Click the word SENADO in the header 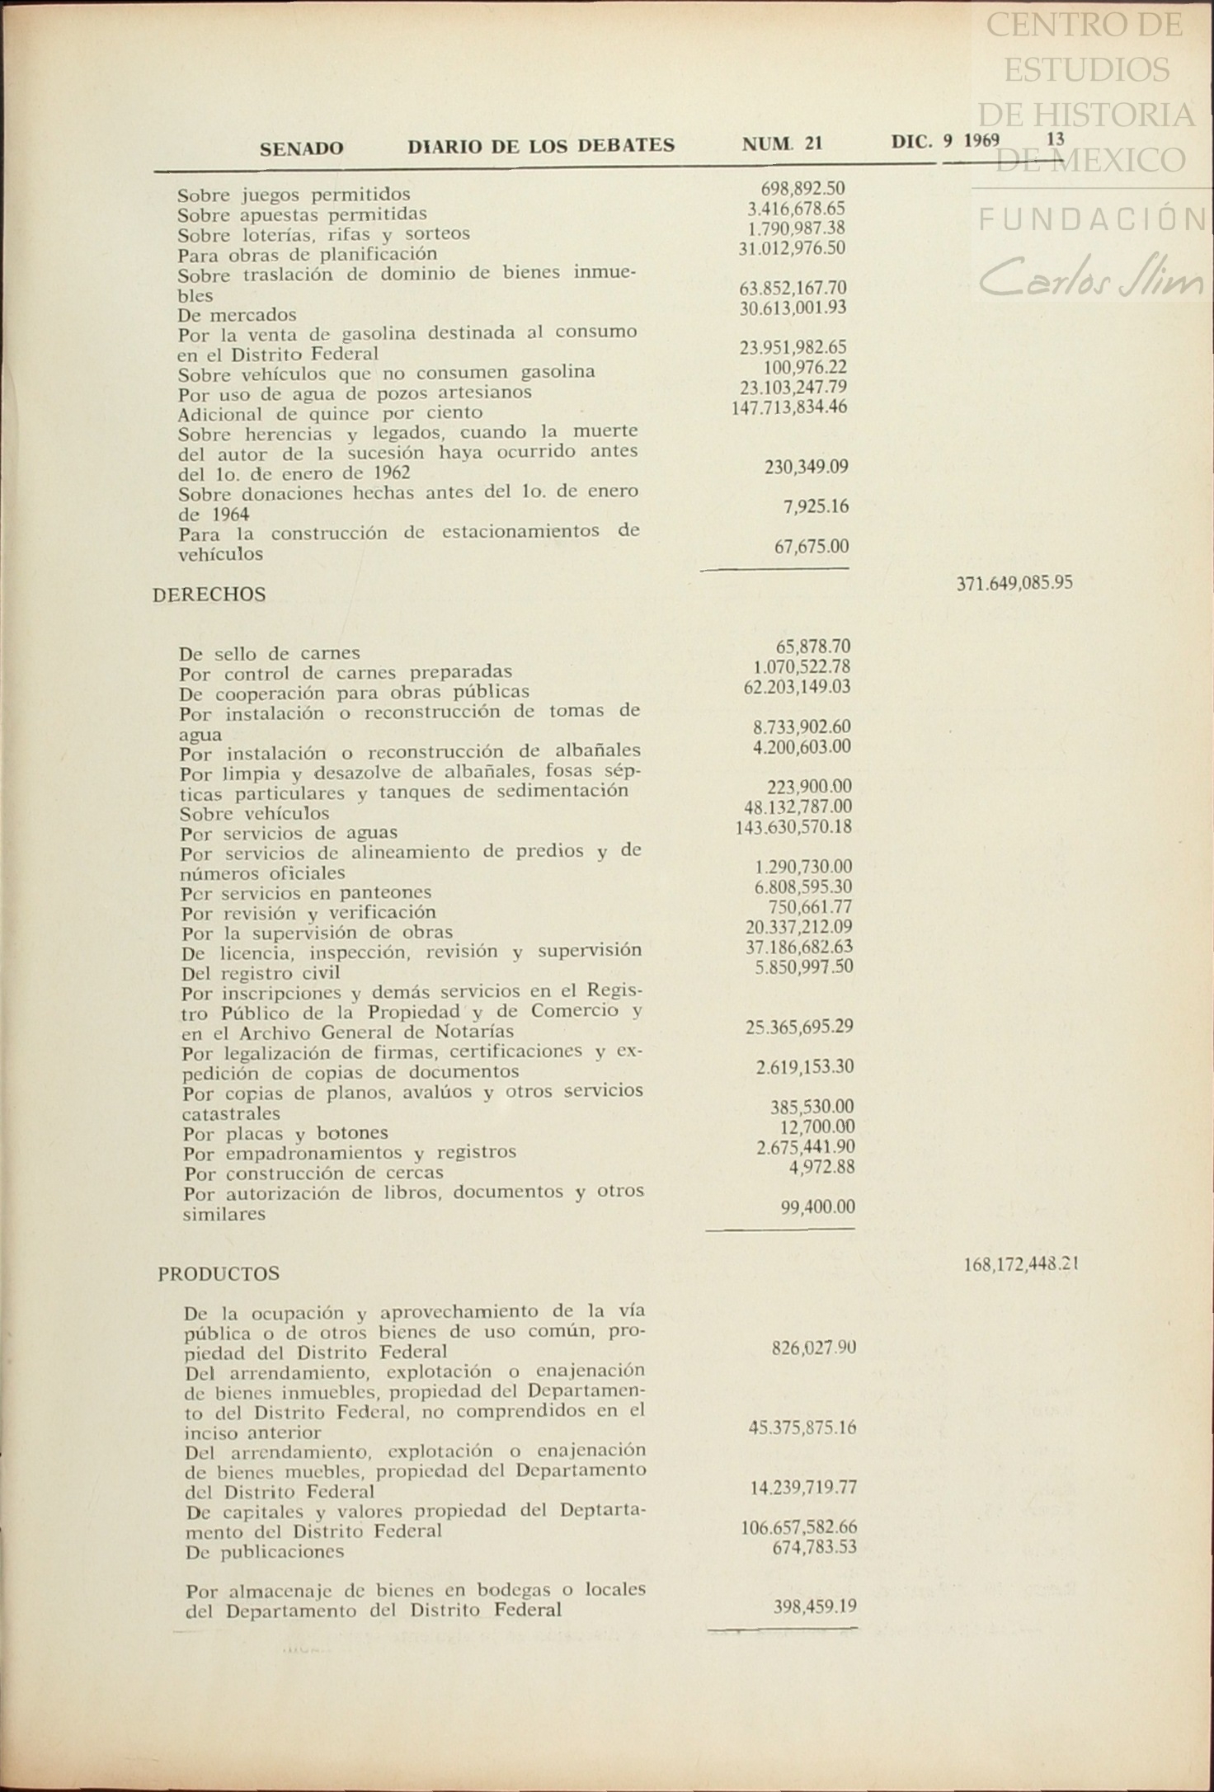pyautogui.click(x=302, y=148)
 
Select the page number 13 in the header pyautogui.click(x=1055, y=139)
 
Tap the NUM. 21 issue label pyautogui.click(x=782, y=144)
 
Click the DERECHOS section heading pyautogui.click(x=209, y=595)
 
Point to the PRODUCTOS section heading pyautogui.click(x=219, y=1273)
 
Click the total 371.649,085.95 pyautogui.click(x=1014, y=584)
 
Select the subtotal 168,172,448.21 pyautogui.click(x=1021, y=1264)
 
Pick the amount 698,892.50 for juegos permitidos pyautogui.click(x=802, y=189)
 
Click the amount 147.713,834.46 pyautogui.click(x=789, y=407)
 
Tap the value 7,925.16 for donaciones pyautogui.click(x=816, y=506)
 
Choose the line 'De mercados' pyautogui.click(x=237, y=315)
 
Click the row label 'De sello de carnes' pyautogui.click(x=269, y=653)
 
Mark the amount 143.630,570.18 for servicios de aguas pyautogui.click(x=793, y=827)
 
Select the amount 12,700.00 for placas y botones pyautogui.click(x=817, y=1126)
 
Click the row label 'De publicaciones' pyautogui.click(x=264, y=1551)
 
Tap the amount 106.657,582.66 pyautogui.click(x=799, y=1526)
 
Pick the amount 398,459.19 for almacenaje pyautogui.click(x=815, y=1606)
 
